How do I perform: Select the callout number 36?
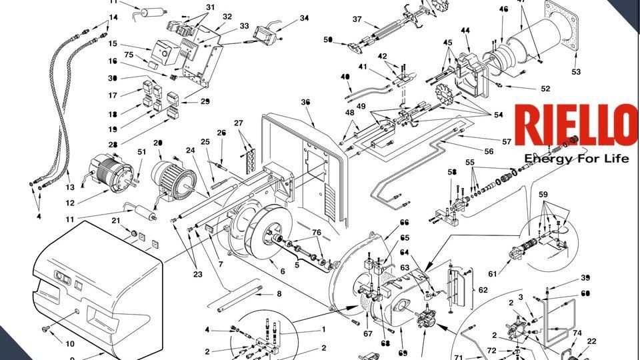(x=306, y=102)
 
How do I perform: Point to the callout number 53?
(x=576, y=71)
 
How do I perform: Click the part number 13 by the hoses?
(x=70, y=187)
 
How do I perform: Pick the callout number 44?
(x=465, y=31)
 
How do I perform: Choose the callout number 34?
(x=304, y=18)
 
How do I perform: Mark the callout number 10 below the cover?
(x=70, y=343)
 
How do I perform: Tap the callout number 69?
(x=402, y=353)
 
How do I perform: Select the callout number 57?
(x=507, y=142)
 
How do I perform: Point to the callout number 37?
(x=357, y=19)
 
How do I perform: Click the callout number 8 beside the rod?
(x=279, y=294)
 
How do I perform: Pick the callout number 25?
(x=205, y=142)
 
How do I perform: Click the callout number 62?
(x=483, y=290)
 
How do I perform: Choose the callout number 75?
(x=129, y=55)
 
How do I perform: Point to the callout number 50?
(x=327, y=40)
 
